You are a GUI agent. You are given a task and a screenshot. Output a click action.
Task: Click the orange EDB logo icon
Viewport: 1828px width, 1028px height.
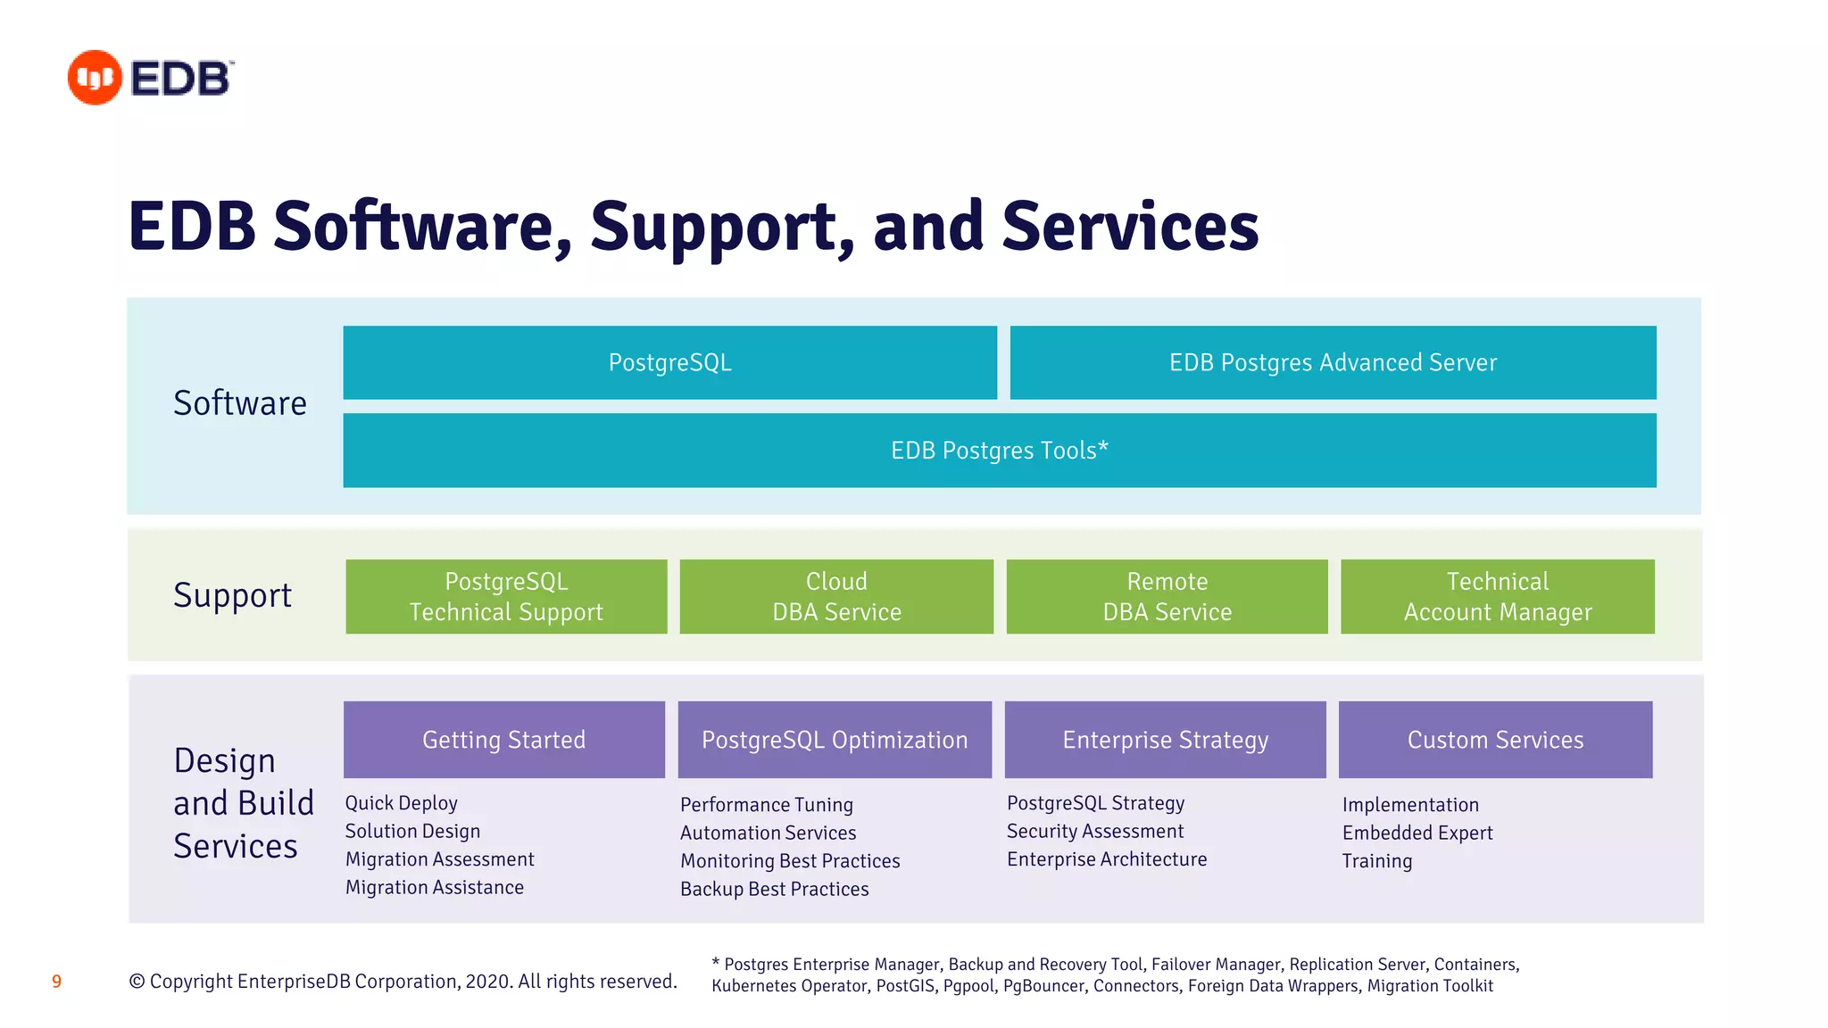pos(95,78)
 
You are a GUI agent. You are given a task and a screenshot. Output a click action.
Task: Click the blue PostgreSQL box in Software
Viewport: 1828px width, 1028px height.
pos(669,362)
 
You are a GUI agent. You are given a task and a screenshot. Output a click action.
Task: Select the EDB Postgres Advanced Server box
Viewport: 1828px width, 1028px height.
pos(1333,362)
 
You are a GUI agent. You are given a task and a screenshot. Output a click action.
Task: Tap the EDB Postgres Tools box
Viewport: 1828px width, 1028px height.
pos(999,450)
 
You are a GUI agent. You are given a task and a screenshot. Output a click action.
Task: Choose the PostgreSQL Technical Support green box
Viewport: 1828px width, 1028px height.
pos(506,596)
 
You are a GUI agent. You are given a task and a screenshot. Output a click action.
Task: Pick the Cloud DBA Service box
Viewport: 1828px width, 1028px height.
pos(836,596)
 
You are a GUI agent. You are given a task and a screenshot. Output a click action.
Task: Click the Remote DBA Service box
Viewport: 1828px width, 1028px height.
pos(1167,596)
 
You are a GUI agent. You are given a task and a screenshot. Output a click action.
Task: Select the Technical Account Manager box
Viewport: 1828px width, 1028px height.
pos(1497,596)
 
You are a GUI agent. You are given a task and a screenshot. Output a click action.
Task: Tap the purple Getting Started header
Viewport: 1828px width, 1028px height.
pos(503,740)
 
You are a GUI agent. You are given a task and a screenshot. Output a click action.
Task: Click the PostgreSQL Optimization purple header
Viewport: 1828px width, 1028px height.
pos(835,740)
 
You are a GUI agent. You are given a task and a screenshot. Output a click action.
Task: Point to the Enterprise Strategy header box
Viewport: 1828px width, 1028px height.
pos(1165,740)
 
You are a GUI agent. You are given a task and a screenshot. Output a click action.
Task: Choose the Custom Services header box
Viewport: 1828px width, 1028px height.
pos(1495,740)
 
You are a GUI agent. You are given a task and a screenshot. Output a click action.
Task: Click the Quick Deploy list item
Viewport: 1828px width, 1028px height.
pos(401,803)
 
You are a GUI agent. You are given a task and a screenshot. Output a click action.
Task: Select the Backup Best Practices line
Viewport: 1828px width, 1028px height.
pos(774,889)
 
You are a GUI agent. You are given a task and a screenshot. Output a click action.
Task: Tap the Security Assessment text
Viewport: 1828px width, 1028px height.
pos(1094,832)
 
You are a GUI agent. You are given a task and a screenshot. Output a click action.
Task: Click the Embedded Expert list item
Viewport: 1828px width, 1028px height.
pos(1417,833)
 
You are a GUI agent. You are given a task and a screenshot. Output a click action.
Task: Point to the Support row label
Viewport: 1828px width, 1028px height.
pos(232,595)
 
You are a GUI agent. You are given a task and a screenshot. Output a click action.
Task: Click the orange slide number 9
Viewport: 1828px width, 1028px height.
pos(56,982)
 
